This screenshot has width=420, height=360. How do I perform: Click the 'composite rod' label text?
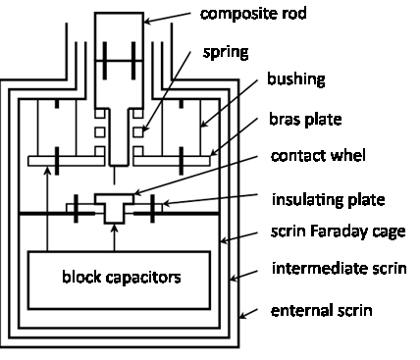click(253, 14)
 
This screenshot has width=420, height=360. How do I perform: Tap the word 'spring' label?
click(226, 52)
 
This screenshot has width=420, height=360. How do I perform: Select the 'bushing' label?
click(296, 79)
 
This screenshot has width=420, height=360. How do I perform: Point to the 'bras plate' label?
click(305, 120)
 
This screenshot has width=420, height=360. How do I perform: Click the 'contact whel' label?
click(318, 156)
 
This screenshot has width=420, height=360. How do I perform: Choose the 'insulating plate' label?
click(328, 200)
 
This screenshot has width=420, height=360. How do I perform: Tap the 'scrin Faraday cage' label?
click(339, 231)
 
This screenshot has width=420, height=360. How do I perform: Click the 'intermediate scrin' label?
click(340, 269)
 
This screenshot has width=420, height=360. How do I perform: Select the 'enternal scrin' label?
click(322, 310)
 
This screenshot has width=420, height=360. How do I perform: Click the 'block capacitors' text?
click(122, 277)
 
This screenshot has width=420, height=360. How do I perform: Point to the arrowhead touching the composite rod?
click(148, 22)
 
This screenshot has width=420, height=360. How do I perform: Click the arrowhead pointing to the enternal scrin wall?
click(243, 315)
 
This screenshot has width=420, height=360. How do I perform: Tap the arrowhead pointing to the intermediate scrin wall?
click(235, 279)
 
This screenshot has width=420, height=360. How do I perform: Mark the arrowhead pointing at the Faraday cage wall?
click(225, 241)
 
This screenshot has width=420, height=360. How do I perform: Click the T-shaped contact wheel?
click(114, 208)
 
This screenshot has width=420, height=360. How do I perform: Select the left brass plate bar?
click(66, 161)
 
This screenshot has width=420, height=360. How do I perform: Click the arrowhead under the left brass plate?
click(48, 170)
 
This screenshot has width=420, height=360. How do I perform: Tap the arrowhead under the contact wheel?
click(114, 229)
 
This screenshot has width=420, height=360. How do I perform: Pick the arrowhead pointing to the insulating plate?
click(167, 204)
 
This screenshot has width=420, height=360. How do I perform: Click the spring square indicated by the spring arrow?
click(138, 132)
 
